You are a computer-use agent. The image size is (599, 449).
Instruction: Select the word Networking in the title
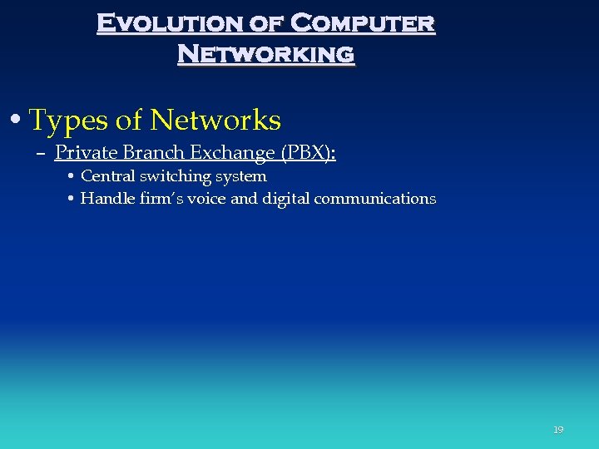(265, 54)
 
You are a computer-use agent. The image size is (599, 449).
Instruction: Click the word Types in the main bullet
(68, 121)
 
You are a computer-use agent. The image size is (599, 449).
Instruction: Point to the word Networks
(215, 121)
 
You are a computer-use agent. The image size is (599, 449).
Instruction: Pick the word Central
(107, 176)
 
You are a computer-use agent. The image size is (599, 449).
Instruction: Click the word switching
(176, 176)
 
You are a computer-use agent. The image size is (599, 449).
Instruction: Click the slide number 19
(558, 430)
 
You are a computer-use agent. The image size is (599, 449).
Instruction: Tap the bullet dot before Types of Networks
(17, 121)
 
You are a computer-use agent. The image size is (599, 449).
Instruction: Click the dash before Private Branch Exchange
(41, 154)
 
